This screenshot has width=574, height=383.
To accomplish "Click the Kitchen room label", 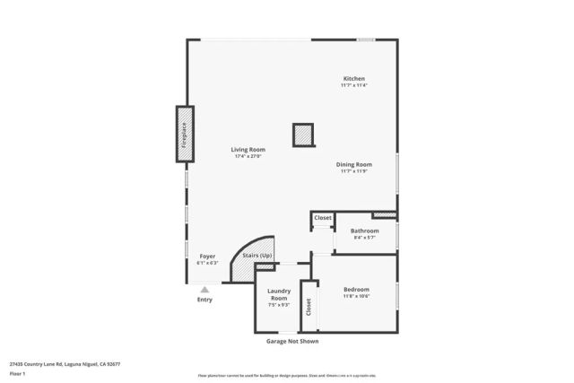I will click(353, 79).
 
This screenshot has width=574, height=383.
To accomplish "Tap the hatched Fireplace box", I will click(184, 134).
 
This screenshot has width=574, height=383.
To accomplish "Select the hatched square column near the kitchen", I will click(303, 135).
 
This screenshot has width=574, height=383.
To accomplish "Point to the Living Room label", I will click(247, 150).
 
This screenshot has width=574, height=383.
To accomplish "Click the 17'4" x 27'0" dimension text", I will click(247, 157).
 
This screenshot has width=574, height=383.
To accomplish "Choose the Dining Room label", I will click(353, 164).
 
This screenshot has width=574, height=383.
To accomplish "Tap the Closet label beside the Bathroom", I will click(323, 217).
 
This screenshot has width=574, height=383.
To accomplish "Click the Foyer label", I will click(206, 257).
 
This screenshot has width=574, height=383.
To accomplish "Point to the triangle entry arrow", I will click(204, 289).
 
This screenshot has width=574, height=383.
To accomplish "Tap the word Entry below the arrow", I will click(204, 300).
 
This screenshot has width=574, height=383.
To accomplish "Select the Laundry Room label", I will click(278, 294).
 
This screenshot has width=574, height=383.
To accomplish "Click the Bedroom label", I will click(356, 289).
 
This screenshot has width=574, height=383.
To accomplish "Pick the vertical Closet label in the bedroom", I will click(309, 307).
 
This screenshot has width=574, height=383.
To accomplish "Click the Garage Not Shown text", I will click(291, 341).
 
